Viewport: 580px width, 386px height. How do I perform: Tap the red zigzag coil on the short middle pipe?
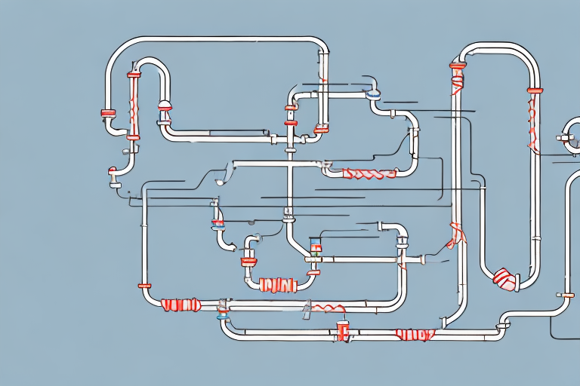point(369,174)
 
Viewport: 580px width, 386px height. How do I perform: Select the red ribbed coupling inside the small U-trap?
point(276,285)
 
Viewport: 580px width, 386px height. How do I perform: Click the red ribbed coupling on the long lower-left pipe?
point(180,305)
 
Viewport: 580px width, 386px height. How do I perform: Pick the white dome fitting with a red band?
point(164,106)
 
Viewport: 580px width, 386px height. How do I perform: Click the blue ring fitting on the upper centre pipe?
point(373,95)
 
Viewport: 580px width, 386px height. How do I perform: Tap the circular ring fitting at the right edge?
point(572,136)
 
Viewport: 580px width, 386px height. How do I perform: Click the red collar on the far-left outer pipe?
point(108,113)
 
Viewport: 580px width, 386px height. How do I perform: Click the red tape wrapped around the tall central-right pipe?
point(455,234)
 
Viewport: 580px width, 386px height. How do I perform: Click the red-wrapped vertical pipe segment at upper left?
point(134,106)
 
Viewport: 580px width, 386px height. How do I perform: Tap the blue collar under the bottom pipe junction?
point(223,317)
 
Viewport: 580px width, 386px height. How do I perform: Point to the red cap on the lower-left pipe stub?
point(144,286)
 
